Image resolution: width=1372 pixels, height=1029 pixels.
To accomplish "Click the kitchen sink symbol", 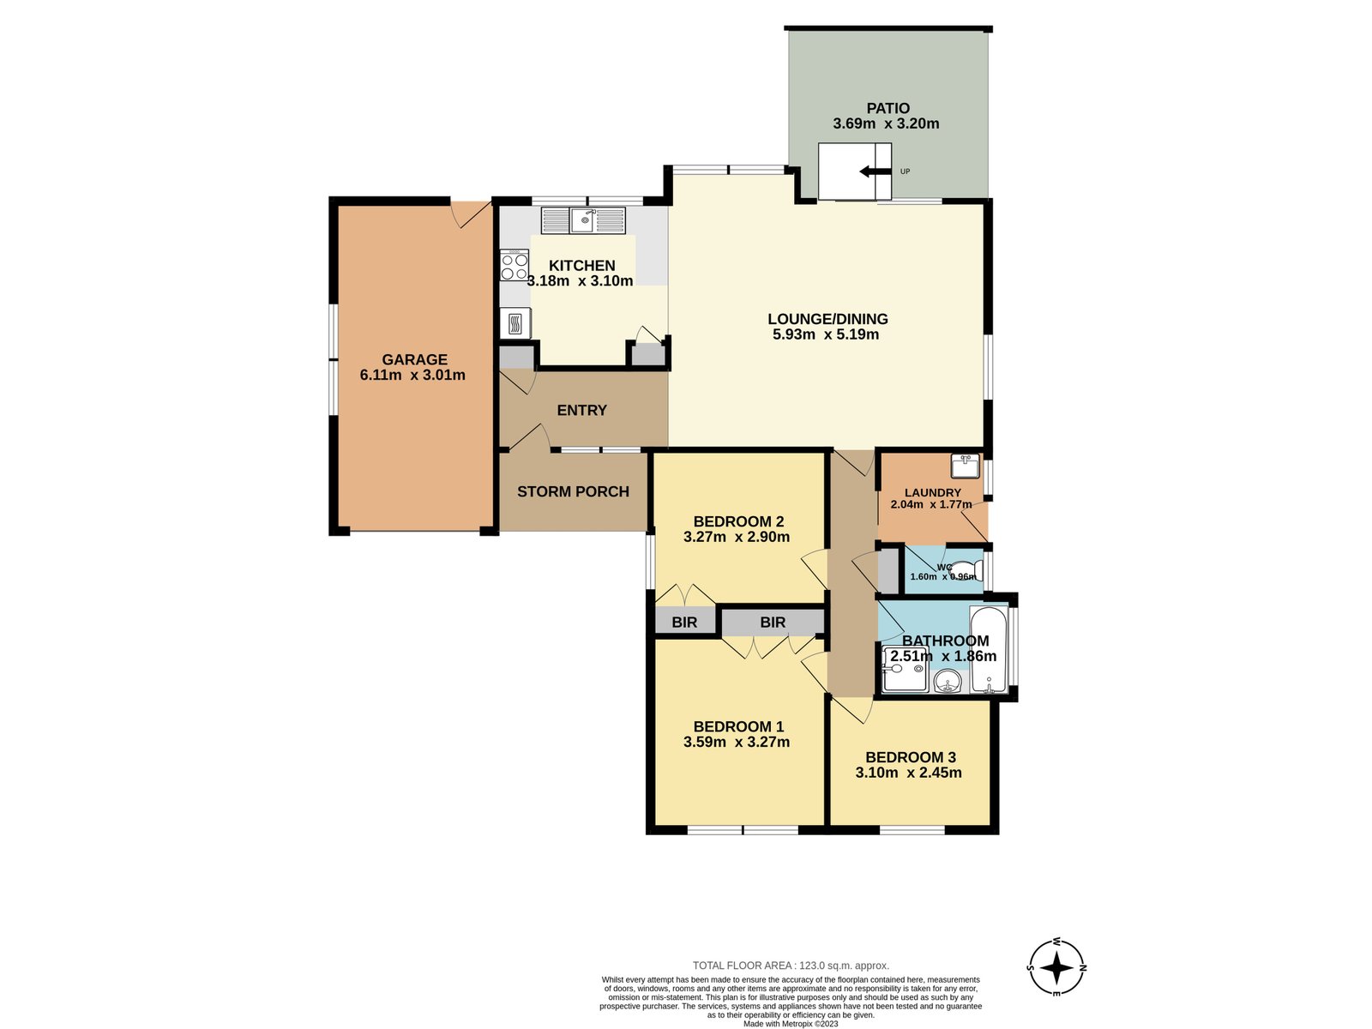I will (x=584, y=220).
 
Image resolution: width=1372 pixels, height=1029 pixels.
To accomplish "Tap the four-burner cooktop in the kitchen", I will (x=514, y=266).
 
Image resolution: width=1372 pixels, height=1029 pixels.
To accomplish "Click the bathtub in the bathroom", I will (x=989, y=650).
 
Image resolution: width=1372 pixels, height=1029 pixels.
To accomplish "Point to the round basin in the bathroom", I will (x=947, y=683).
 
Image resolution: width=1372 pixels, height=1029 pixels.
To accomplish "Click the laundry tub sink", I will (x=965, y=466).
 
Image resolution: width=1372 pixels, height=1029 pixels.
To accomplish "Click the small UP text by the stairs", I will (x=905, y=171).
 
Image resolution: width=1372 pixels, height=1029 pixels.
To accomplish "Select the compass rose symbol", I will (x=1056, y=967).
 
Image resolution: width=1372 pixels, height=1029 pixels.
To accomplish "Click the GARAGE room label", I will (x=414, y=359).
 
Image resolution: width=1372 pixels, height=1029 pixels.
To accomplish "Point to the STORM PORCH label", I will (x=573, y=491).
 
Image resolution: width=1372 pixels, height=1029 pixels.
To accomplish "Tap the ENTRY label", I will (x=581, y=410).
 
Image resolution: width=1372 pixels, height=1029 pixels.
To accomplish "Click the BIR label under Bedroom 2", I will (x=684, y=622).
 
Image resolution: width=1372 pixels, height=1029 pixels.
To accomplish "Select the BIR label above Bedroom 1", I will (x=773, y=622).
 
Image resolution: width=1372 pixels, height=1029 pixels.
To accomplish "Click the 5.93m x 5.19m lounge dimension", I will (x=826, y=334).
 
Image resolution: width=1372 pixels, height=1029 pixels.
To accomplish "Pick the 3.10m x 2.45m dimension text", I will (x=908, y=773).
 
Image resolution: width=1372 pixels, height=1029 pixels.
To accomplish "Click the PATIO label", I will (x=888, y=108).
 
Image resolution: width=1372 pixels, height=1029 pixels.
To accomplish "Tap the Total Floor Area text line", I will (x=791, y=966).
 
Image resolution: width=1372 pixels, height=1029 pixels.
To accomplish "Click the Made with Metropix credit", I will (x=791, y=1024).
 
